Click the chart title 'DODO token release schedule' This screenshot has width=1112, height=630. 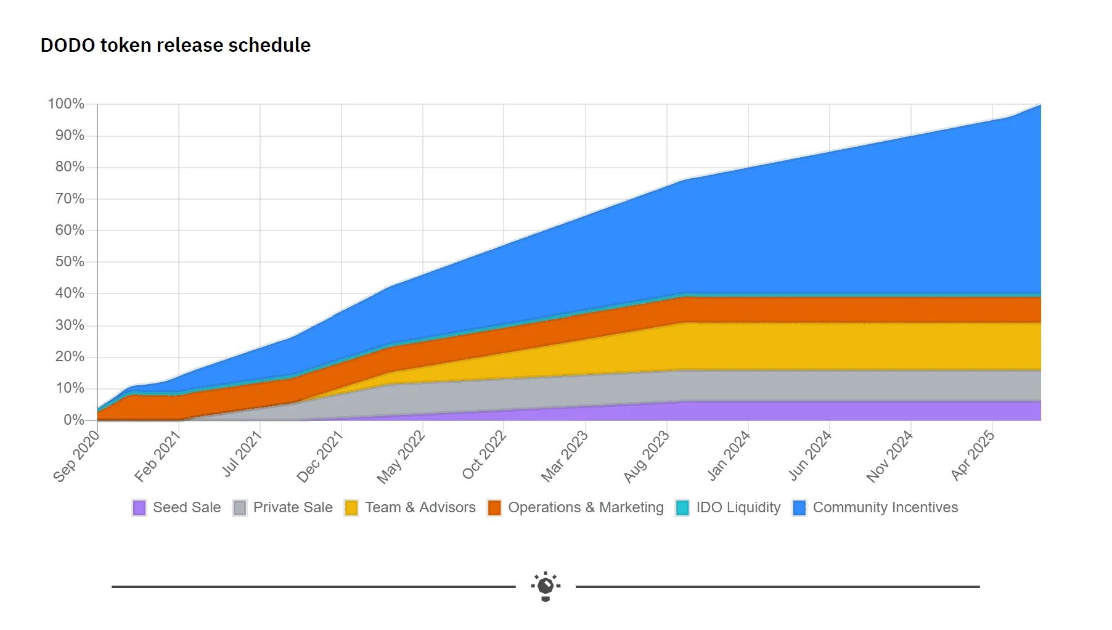point(176,45)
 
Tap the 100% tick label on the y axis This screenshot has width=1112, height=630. point(66,104)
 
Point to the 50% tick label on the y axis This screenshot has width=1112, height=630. point(69,261)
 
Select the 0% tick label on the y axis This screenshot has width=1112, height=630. point(73,420)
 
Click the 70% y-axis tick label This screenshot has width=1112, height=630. point(69,198)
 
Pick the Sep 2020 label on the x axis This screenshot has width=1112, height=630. point(76,456)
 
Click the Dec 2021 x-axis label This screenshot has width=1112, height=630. point(319,456)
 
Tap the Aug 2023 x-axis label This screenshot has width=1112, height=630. point(646,456)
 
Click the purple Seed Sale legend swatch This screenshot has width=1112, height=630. point(139,507)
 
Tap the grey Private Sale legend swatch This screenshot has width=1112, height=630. point(240,507)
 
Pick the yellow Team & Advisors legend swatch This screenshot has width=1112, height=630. point(351,507)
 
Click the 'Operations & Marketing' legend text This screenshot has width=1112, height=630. point(586,507)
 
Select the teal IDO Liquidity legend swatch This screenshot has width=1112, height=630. point(682,507)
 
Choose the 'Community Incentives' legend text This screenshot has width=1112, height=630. point(885,507)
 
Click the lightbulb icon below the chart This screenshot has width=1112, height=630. point(546,586)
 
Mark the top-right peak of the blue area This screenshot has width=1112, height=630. point(1039,106)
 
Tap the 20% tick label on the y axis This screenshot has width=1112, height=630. point(69,356)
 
